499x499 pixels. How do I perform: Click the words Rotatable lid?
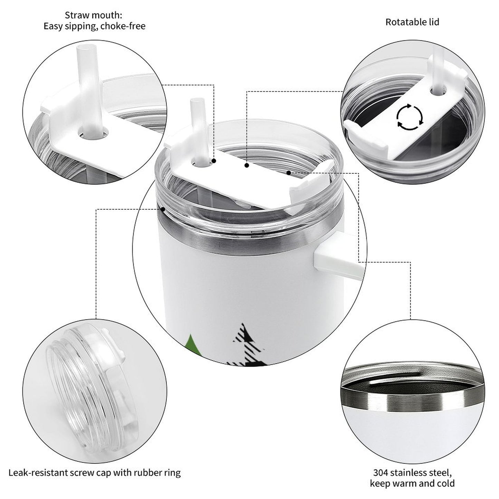tap(412, 22)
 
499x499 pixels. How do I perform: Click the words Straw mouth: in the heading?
tap(93, 15)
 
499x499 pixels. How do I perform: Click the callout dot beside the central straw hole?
tap(214, 161)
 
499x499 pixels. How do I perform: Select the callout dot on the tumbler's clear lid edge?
tap(163, 209)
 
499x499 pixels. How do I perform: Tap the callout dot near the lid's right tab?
tap(289, 172)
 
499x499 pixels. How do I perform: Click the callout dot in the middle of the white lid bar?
tap(247, 165)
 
